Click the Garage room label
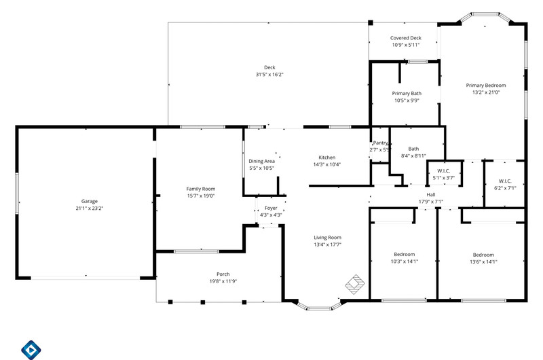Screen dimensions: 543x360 point(90,201)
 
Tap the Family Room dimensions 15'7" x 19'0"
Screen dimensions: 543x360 point(201,196)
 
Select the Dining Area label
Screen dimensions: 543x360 point(261,161)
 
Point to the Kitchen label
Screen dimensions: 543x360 point(327,158)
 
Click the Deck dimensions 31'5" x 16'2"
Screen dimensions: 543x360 point(269,75)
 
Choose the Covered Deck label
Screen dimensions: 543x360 point(405,38)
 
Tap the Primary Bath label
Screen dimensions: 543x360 point(407,93)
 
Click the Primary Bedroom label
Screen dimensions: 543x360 point(486,85)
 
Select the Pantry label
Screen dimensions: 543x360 point(380,143)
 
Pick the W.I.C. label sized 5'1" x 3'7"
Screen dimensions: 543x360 point(444,170)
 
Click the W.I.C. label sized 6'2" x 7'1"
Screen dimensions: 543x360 point(505,181)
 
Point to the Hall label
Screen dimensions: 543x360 point(431,195)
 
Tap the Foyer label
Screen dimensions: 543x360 point(271,208)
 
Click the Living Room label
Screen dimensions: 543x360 point(327,237)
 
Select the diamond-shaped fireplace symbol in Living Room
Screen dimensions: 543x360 point(355,285)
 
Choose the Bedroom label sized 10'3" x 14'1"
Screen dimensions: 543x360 point(404,254)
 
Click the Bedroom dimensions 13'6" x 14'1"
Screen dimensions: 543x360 point(483,262)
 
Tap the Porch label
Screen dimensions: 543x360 point(223,274)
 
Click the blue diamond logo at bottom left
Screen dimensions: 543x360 point(31,350)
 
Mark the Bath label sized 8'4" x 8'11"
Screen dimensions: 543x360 point(413,149)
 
